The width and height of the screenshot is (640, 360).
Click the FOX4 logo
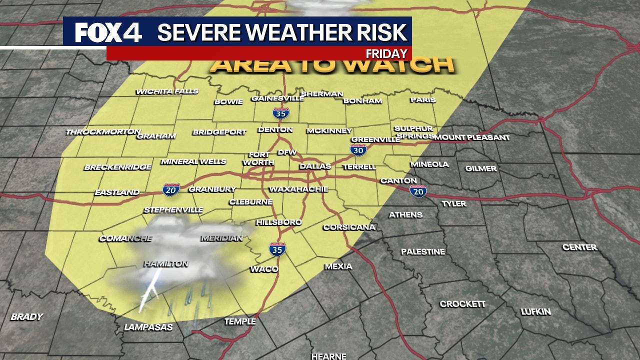point(108,33)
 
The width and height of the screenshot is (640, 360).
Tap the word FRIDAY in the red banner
point(387,53)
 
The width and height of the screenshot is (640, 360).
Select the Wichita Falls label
point(167,91)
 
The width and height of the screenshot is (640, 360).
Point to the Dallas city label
point(315,166)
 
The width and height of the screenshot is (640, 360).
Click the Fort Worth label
point(258,159)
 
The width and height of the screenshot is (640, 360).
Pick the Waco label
point(264,269)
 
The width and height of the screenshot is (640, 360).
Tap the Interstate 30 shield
point(358,149)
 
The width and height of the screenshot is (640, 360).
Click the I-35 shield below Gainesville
point(280,113)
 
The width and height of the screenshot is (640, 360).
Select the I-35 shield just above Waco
point(277,249)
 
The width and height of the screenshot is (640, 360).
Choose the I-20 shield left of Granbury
point(170,189)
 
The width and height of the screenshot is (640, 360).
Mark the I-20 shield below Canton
point(418,190)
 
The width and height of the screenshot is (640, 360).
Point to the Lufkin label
point(535,311)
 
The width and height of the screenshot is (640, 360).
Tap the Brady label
point(26,316)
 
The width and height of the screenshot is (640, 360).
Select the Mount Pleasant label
point(471,137)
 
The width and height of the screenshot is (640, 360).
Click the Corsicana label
point(349,227)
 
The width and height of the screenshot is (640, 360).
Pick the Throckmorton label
point(103,132)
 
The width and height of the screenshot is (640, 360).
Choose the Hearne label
point(328,356)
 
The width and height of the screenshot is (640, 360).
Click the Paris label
point(423,99)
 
